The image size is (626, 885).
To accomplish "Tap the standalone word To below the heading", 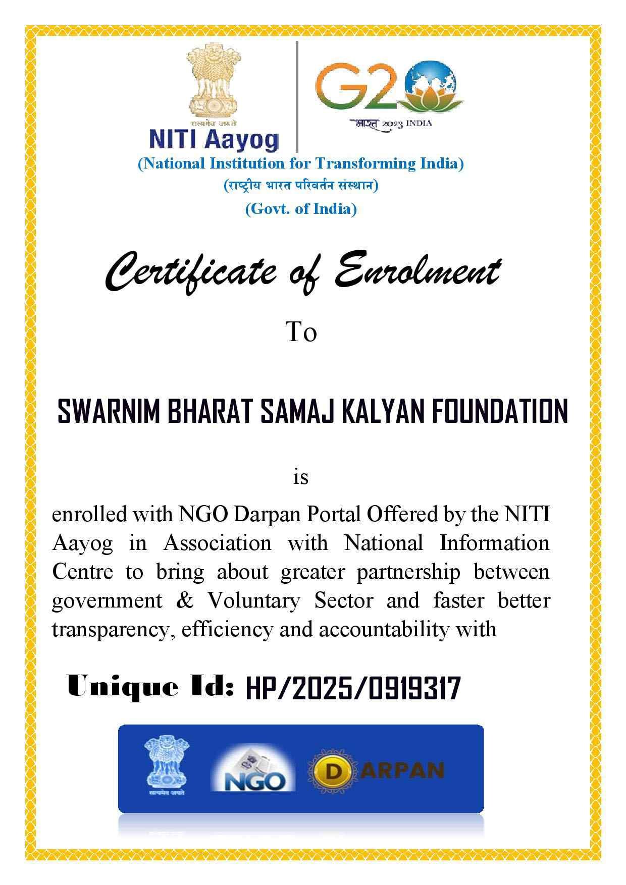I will [x=301, y=332].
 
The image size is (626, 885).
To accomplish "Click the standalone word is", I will [x=301, y=476].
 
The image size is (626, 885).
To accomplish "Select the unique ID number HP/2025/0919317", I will [x=353, y=688].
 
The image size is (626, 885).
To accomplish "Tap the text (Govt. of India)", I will [x=301, y=208].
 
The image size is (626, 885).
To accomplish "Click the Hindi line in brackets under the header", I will [x=301, y=186].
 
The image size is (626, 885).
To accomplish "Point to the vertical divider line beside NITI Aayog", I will [x=297, y=96].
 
